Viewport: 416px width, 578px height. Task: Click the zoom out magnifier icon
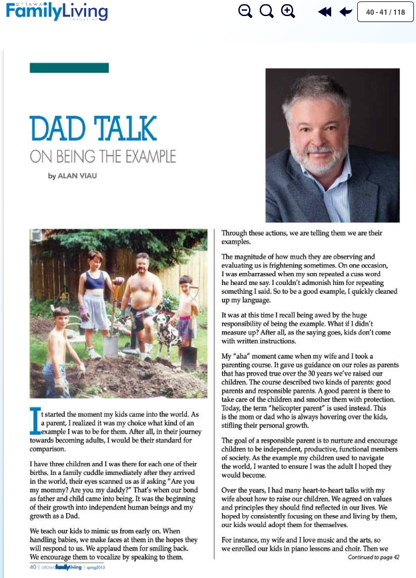click(x=245, y=11)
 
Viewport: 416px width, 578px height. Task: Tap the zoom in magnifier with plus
click(x=288, y=11)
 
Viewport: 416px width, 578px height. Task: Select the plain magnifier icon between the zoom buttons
click(x=266, y=11)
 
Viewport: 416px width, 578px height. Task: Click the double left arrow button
click(x=325, y=11)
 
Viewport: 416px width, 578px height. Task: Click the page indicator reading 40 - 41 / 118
click(x=385, y=11)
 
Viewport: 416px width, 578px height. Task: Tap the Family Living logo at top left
click(x=56, y=11)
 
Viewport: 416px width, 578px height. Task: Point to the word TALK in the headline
click(x=125, y=129)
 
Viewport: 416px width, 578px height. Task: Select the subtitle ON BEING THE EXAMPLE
click(x=103, y=158)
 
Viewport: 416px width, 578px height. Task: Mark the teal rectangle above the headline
click(x=69, y=68)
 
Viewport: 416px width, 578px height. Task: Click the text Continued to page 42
click(x=373, y=557)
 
